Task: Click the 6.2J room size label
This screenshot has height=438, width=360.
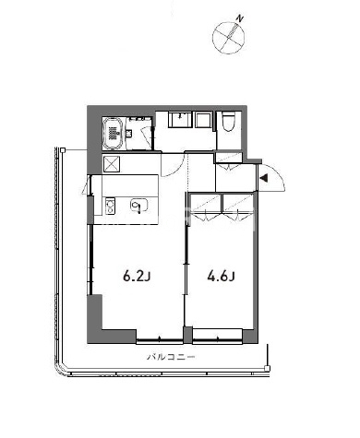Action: click(137, 277)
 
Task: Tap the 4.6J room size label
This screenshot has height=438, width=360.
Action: click(222, 277)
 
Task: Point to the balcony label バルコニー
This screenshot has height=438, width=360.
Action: click(171, 357)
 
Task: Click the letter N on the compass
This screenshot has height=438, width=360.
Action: click(240, 19)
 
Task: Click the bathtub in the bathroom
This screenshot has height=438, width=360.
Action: click(113, 133)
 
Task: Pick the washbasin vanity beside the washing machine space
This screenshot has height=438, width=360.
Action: click(180, 119)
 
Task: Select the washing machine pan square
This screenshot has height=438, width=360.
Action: click(203, 119)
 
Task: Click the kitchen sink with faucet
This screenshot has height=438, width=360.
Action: click(139, 205)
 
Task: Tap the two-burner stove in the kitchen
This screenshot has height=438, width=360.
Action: click(109, 206)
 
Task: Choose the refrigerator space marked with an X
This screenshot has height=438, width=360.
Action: click(111, 163)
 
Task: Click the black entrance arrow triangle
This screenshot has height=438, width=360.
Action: click(264, 178)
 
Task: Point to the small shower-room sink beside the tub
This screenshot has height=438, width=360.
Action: click(128, 134)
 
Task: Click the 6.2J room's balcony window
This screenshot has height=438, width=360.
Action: click(160, 339)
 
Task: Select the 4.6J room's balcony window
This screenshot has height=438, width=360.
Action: click(218, 339)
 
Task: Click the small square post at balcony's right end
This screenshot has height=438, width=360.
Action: click(268, 368)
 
